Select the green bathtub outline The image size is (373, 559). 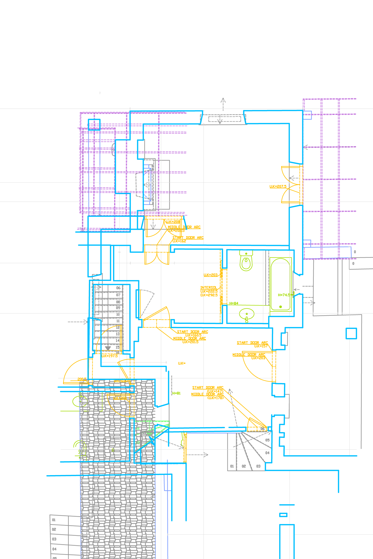(x=281, y=284)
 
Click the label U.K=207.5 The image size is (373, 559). (x=278, y=187)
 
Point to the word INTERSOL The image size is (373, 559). (x=208, y=288)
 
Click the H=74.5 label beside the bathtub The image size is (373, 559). (x=284, y=295)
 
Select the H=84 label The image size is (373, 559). (x=234, y=303)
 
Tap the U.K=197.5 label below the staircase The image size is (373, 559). (x=110, y=356)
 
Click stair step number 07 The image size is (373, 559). (x=118, y=295)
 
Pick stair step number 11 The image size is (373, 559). (x=118, y=321)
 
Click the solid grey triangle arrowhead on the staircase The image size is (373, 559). (x=108, y=348)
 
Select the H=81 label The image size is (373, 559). (x=176, y=393)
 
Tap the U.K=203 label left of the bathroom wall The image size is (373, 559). (x=210, y=275)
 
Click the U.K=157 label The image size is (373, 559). (x=261, y=346)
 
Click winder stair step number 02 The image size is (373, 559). (x=244, y=466)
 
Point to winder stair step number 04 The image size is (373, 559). (x=267, y=453)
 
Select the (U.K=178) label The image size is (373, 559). (x=215, y=397)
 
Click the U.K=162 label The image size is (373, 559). (x=179, y=241)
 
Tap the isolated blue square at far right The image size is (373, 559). (x=351, y=334)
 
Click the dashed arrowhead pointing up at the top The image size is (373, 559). (x=223, y=100)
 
